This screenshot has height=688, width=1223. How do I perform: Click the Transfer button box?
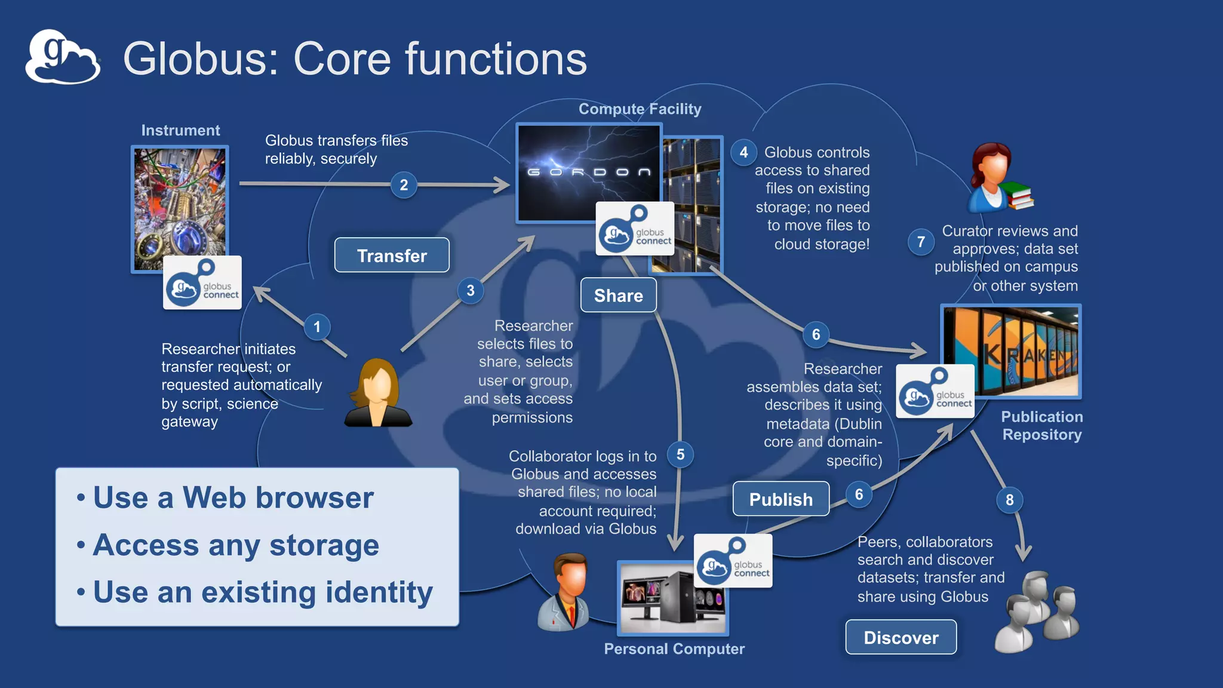(x=392, y=256)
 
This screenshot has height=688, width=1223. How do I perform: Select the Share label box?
(x=618, y=295)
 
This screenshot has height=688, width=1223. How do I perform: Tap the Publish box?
(x=780, y=499)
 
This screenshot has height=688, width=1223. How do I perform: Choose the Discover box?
(x=901, y=637)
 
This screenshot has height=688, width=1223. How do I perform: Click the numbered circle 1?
(x=317, y=327)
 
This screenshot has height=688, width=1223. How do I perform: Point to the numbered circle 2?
(x=404, y=185)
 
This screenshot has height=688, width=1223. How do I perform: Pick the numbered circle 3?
(x=471, y=291)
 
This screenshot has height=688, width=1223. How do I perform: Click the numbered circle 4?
(x=743, y=152)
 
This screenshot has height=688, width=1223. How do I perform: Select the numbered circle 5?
(x=680, y=454)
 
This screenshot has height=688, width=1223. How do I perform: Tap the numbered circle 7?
(x=921, y=242)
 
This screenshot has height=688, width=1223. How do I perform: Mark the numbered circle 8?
(x=1009, y=500)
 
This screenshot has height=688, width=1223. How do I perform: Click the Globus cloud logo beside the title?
(x=62, y=57)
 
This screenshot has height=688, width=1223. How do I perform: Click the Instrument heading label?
(x=180, y=130)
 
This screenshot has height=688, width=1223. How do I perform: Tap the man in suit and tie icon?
(x=565, y=591)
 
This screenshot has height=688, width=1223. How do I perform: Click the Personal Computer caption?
(x=674, y=649)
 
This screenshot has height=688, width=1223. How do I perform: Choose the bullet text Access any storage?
(x=236, y=545)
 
